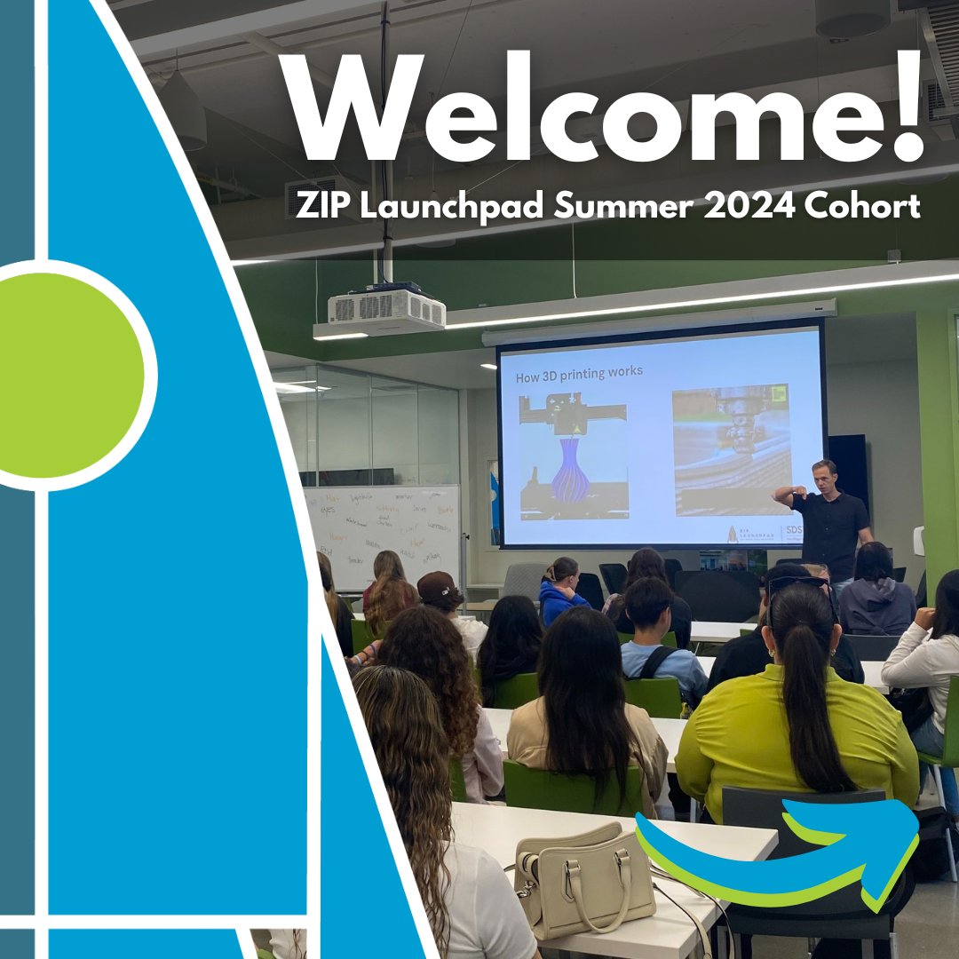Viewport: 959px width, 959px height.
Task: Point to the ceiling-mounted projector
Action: [x=386, y=309]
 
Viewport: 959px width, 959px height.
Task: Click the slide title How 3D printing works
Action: [x=579, y=372]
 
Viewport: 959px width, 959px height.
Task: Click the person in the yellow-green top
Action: [x=795, y=710]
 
